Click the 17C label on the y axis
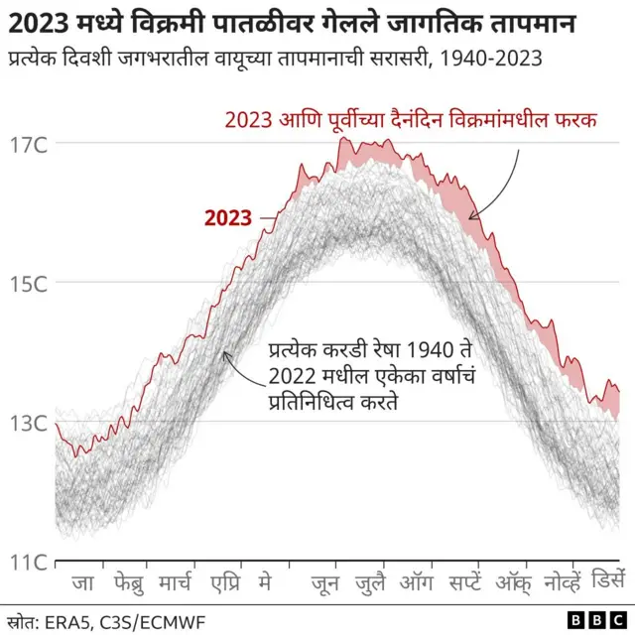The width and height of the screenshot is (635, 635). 28,145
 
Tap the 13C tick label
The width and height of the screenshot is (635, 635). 28,424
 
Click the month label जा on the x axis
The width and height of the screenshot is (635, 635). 83,584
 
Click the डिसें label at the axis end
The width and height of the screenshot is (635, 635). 607,584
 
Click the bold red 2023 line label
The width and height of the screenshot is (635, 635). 227,218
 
